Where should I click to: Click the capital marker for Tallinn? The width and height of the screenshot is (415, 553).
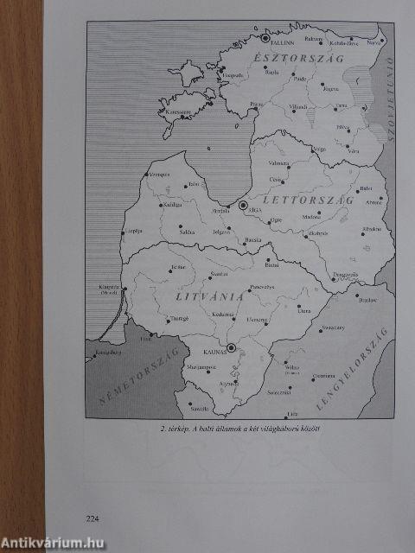pos(265,37)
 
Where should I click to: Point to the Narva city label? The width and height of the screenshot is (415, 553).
pos(373,42)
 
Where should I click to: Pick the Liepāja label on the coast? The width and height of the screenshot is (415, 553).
pos(133,232)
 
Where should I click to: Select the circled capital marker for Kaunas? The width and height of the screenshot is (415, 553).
pos(231,347)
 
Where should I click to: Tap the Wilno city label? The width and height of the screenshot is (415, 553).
pos(303,367)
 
